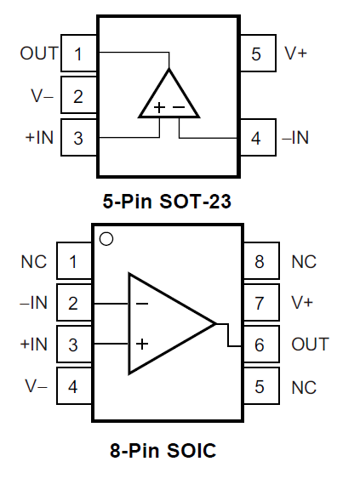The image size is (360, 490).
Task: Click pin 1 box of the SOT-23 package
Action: (x=79, y=53)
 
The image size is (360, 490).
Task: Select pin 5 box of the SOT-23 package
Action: (x=258, y=53)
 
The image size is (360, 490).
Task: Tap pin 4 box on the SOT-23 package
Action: (x=258, y=137)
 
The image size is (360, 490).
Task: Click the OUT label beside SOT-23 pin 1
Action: (x=39, y=53)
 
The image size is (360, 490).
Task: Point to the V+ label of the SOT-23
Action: (x=295, y=53)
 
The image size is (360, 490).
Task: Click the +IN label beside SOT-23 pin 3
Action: (x=39, y=138)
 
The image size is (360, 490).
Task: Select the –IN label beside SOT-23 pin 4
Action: (x=295, y=138)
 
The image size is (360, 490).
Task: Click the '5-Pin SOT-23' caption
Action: (x=167, y=201)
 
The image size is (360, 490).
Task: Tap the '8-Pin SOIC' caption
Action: (x=163, y=450)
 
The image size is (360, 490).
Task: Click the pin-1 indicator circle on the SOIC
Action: (x=106, y=239)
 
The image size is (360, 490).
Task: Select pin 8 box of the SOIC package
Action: (x=261, y=260)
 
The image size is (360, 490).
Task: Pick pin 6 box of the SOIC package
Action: (x=261, y=344)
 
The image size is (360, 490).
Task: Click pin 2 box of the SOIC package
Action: (x=74, y=303)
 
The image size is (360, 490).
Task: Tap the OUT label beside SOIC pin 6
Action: (x=310, y=344)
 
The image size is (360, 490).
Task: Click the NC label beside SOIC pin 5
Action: (x=304, y=388)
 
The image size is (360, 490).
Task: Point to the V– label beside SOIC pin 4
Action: (x=37, y=386)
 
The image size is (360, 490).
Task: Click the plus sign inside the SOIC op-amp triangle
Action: (x=142, y=344)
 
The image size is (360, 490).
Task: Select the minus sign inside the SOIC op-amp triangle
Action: (x=142, y=303)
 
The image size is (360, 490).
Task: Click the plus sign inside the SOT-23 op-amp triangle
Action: (x=159, y=107)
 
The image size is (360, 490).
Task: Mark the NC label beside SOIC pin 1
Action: (x=34, y=261)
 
